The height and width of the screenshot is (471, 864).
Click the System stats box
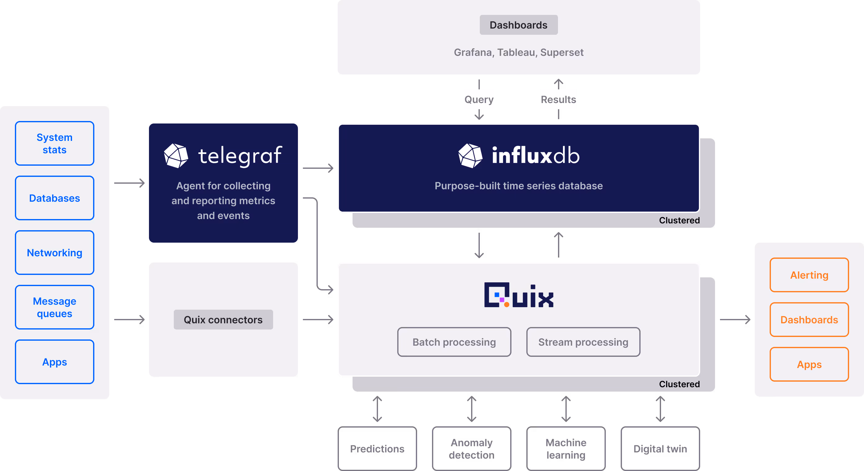click(54, 143)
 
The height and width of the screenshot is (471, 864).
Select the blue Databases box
click(54, 198)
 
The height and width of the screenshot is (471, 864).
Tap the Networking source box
click(54, 253)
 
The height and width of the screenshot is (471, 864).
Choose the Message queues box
click(54, 307)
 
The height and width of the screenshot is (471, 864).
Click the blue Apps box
click(54, 362)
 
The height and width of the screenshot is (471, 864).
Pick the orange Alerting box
click(809, 275)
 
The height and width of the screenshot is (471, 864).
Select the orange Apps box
click(809, 364)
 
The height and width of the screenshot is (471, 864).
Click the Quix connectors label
click(223, 320)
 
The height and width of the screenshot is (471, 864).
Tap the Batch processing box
click(454, 342)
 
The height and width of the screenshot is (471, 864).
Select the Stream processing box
click(583, 342)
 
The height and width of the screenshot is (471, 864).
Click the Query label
click(479, 99)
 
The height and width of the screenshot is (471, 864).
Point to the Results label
click(558, 99)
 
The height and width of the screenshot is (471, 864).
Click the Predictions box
click(377, 449)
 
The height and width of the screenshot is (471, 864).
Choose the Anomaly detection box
click(471, 449)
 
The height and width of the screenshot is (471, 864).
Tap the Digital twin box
click(660, 449)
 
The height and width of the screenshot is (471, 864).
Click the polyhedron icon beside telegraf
click(176, 155)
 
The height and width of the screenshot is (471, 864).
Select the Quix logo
click(519, 295)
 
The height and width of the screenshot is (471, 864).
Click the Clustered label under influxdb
click(679, 220)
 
